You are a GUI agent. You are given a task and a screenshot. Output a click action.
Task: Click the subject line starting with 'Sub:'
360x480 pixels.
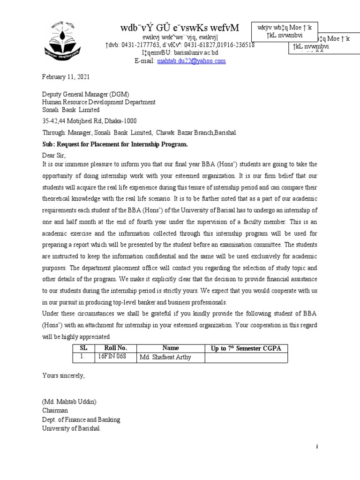(115, 144)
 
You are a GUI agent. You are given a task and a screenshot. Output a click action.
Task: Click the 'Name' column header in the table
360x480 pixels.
(170, 348)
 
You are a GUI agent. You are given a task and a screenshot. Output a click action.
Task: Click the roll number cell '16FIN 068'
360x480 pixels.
(112, 358)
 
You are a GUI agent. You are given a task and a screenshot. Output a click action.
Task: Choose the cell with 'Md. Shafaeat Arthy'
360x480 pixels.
(165, 358)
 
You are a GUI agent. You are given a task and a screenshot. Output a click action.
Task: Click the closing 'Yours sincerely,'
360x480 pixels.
(64, 375)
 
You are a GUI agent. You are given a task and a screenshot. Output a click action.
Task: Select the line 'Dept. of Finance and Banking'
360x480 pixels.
(81, 420)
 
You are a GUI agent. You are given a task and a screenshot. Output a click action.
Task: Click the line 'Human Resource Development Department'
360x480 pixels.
(99, 102)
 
